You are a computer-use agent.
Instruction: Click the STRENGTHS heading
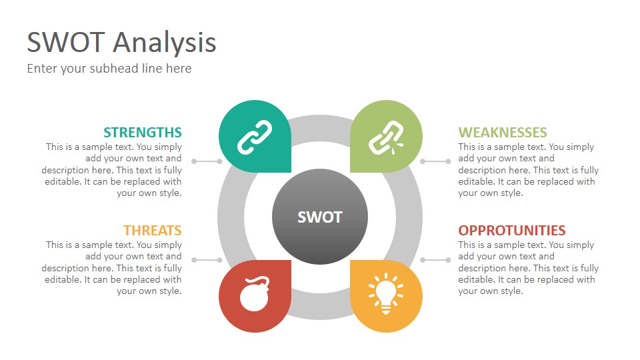click(143, 132)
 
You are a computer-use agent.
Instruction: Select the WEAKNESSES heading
click(503, 132)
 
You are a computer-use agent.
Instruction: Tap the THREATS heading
click(153, 230)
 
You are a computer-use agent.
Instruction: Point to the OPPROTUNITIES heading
click(512, 230)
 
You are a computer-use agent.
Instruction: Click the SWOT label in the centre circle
click(319, 217)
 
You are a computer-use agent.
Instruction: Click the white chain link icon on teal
click(255, 137)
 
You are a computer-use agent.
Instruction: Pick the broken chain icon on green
click(386, 137)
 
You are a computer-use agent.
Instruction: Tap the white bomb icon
click(255, 293)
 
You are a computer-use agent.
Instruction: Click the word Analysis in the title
click(165, 43)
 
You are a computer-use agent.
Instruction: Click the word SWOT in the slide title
click(66, 42)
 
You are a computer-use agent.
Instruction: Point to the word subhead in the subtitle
click(114, 68)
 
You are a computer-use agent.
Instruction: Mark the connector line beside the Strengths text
click(207, 161)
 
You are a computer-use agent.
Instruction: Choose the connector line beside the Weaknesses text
click(435, 161)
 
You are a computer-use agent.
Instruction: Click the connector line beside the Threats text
click(207, 260)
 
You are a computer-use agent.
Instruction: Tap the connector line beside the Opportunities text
click(435, 260)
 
